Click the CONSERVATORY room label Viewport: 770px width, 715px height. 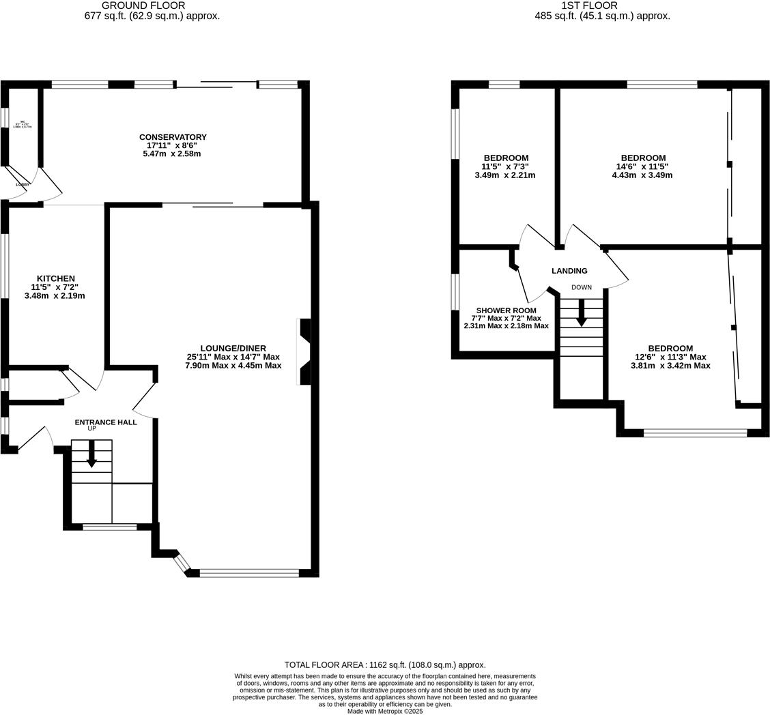click(x=172, y=137)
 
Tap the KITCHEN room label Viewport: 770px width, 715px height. click(x=55, y=278)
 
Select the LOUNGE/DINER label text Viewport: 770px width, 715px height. click(x=233, y=348)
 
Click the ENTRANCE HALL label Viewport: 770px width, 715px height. click(x=106, y=422)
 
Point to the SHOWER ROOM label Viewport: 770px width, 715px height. click(x=506, y=310)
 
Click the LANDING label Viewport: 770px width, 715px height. click(x=569, y=271)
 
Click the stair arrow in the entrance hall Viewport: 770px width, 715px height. click(x=91, y=454)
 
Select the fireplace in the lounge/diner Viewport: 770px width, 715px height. click(x=305, y=351)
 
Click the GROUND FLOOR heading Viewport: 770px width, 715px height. click(x=143, y=5)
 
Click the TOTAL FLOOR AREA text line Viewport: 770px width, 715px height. click(x=385, y=665)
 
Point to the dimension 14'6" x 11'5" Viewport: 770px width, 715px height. click(x=642, y=166)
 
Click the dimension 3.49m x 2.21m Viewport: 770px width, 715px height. click(x=505, y=175)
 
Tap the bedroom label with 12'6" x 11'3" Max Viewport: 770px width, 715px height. click(x=670, y=348)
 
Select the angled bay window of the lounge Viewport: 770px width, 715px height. click(x=181, y=563)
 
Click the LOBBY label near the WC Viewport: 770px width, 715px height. click(x=23, y=184)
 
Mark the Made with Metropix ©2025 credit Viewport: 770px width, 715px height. click(x=385, y=711)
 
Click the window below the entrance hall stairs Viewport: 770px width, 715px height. click(x=109, y=527)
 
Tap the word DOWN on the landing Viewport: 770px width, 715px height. click(x=582, y=287)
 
